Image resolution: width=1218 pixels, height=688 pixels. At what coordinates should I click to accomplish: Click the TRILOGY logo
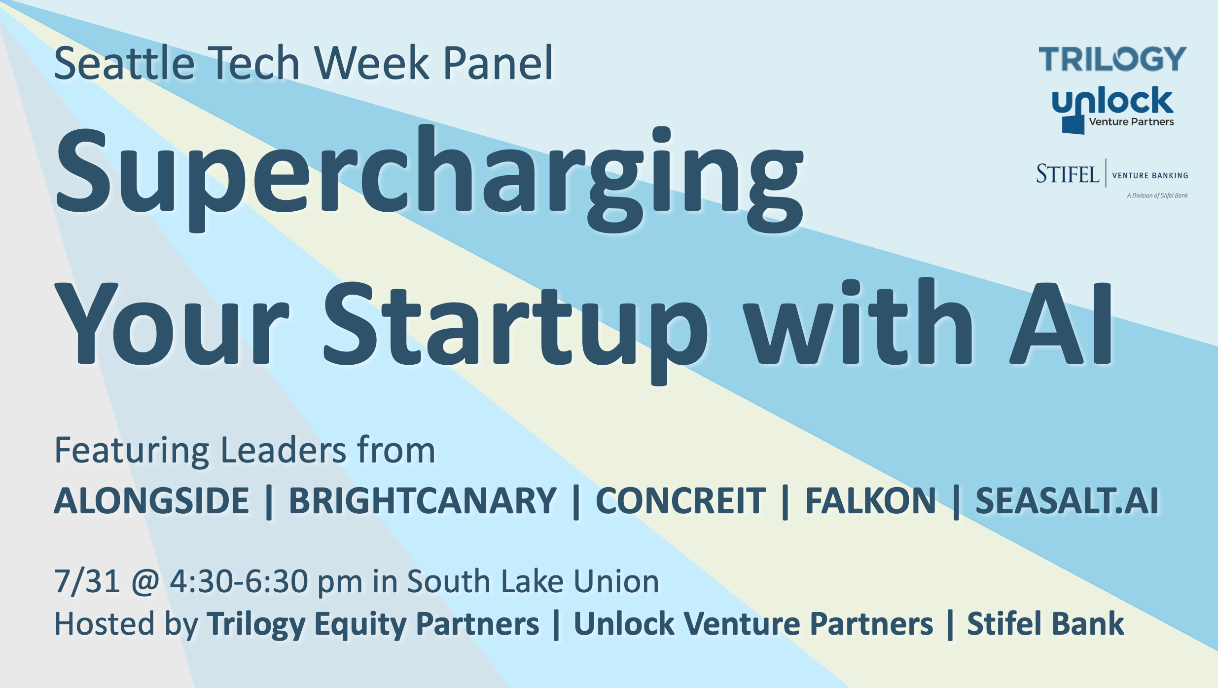coord(1112,59)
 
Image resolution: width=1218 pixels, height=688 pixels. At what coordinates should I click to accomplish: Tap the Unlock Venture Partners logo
coord(1112,110)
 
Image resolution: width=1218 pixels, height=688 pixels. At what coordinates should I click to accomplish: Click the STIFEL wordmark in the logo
coord(1068,174)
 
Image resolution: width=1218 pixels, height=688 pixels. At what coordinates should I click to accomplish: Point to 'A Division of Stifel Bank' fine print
coord(1157,195)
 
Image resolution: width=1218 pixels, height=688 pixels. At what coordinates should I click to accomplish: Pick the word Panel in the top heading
coord(499,63)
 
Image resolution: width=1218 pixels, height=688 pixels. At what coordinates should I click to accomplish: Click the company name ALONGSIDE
coord(151,500)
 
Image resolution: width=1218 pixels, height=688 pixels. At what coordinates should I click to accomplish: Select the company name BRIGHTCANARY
coord(423,500)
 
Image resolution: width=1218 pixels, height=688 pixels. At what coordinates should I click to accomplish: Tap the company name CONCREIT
coord(681,500)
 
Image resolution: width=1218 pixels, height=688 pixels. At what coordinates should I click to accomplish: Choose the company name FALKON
coord(870,500)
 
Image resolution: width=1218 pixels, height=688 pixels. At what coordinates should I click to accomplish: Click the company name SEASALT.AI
coord(1067,500)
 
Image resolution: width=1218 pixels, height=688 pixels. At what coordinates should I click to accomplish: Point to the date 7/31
coord(87,581)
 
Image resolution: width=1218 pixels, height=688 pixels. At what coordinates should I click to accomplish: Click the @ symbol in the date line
coord(145,582)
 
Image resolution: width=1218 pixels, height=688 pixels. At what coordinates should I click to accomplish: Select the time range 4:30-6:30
coord(239,581)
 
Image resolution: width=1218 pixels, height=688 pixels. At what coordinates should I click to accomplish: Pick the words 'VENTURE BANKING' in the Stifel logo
coord(1150,176)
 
